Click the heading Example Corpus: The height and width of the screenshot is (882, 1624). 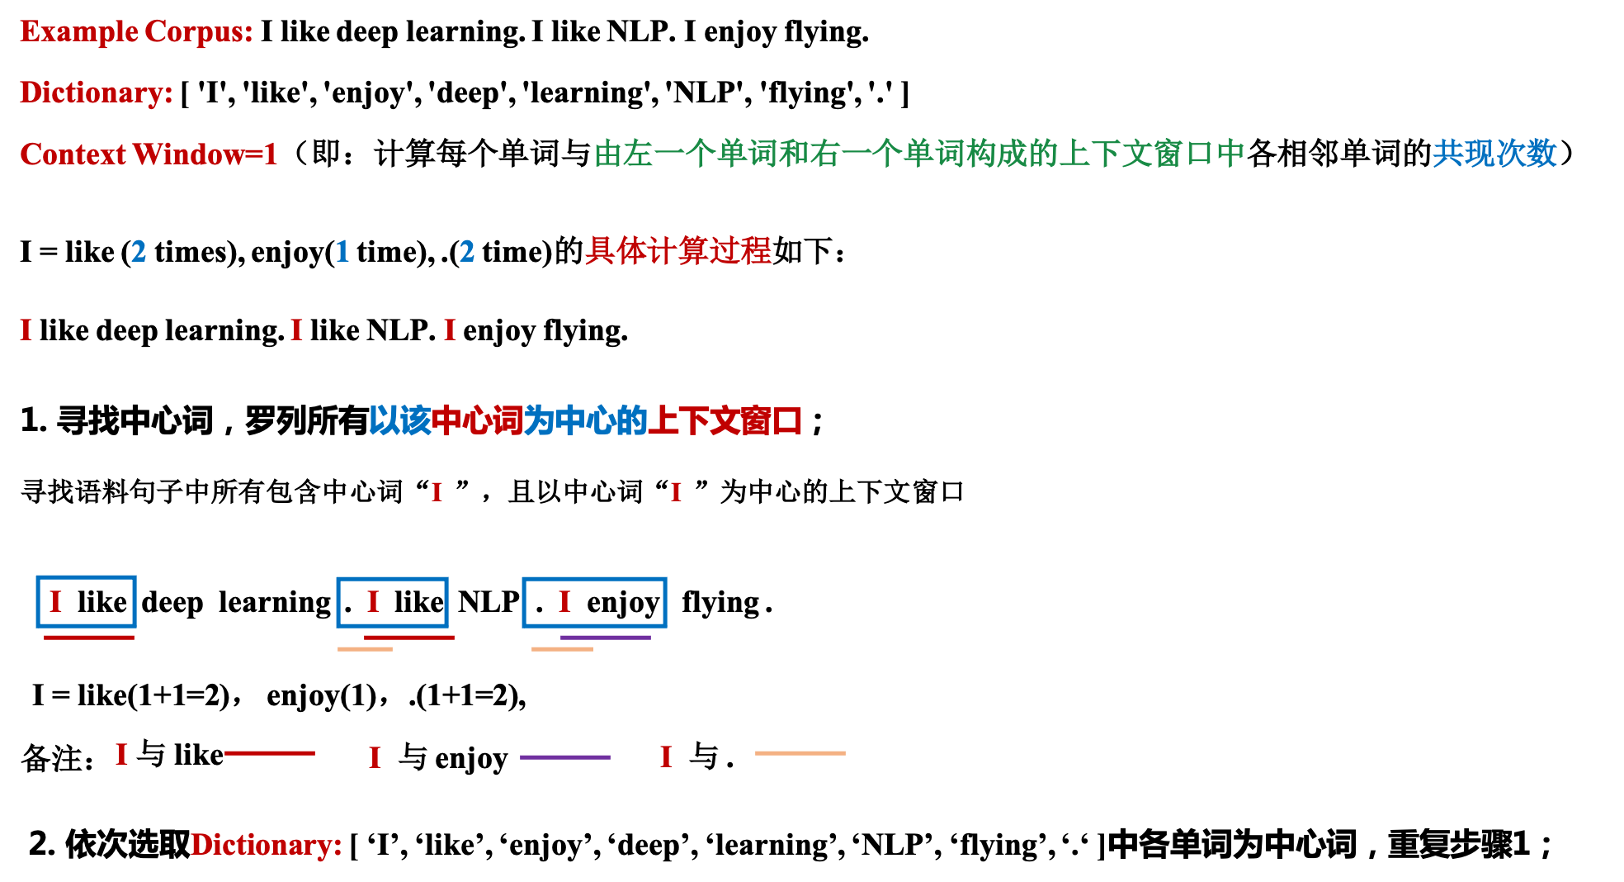136,31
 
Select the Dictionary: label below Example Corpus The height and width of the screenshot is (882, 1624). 97,92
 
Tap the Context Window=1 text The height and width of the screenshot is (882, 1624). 149,154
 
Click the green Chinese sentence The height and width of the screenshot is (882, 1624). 918,154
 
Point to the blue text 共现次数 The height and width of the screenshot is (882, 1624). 1494,154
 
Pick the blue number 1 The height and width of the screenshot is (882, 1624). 342,251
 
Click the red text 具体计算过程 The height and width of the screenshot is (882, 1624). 677,251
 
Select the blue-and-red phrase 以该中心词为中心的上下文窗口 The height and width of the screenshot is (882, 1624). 585,421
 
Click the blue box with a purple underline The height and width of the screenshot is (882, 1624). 594,602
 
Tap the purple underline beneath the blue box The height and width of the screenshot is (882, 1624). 606,638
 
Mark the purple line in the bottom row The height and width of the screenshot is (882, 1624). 565,757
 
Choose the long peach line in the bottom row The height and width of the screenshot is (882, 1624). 800,753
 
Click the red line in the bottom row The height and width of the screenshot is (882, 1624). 270,753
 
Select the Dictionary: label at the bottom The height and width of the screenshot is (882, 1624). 266,845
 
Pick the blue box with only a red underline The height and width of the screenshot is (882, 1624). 86,601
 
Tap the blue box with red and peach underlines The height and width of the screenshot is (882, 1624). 392,602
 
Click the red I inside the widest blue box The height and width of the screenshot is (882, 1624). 564,602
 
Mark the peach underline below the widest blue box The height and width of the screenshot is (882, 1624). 562,649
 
